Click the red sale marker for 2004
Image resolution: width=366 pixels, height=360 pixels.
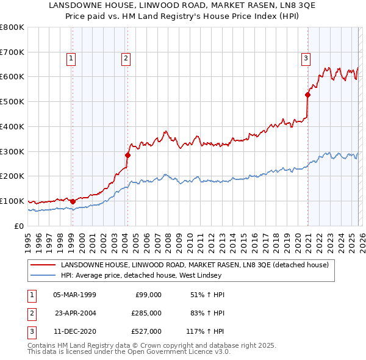tap(128, 155)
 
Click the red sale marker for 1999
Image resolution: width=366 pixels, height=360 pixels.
tap(73, 201)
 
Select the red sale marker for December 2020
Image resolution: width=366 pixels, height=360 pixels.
tap(307, 95)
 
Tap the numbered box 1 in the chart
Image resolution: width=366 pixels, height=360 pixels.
tap(71, 59)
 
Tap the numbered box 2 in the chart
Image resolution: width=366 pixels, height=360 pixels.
tap(125, 59)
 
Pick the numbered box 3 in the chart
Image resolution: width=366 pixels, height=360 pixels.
tap(305, 59)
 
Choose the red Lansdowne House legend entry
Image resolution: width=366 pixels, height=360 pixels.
tap(195, 265)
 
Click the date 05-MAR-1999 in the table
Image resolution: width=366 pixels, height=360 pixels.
tap(74, 295)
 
